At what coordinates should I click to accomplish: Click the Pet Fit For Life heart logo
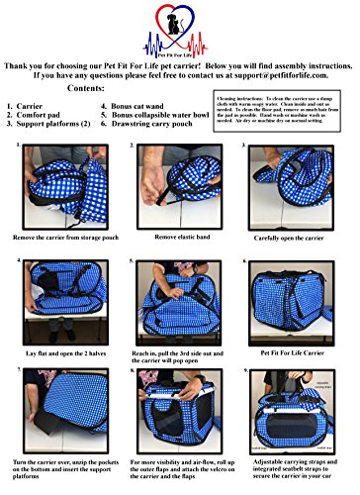tap(179, 40)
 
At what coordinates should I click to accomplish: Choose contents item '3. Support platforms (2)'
tap(55, 152)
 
